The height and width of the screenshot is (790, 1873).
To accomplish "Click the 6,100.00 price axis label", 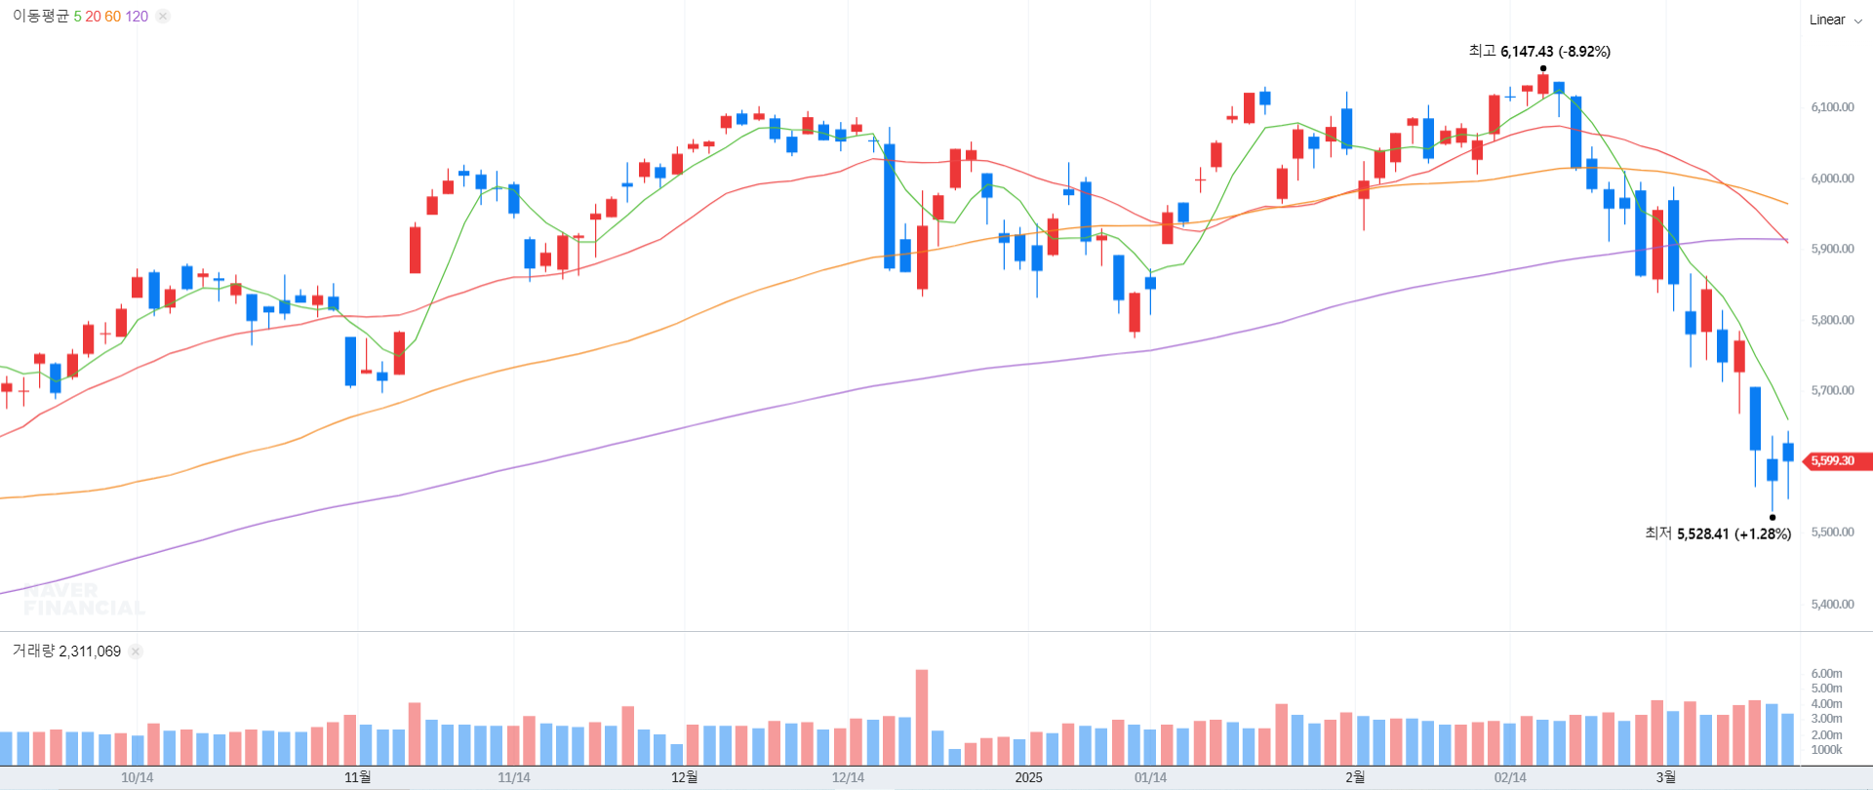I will [1832, 107].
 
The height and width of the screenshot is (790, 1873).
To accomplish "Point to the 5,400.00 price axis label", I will [1832, 604].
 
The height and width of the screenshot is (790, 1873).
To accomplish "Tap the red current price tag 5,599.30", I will [1835, 461].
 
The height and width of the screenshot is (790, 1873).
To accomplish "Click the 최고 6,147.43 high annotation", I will [1538, 52].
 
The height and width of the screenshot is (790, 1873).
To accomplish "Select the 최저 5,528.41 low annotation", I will [1717, 533].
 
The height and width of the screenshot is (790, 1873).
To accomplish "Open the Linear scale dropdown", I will [1835, 20].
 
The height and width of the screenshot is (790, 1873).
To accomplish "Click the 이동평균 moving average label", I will [41, 17].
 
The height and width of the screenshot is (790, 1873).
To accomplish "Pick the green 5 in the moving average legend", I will [77, 17].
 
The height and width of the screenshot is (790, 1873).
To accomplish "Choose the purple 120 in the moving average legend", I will [137, 17].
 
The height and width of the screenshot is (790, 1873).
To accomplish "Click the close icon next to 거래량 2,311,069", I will [136, 652].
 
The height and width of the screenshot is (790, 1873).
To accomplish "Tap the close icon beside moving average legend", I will [163, 17].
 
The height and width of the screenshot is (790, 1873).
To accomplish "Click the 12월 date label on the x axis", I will [684, 777].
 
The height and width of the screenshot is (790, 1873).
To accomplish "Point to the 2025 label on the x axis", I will [1028, 777].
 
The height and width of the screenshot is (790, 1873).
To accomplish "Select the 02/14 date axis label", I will [1510, 777].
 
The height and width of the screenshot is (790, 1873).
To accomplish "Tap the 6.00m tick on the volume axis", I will [1826, 674].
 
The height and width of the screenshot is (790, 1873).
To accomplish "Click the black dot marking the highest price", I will [1543, 68].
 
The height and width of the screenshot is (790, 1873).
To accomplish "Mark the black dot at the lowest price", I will [1773, 518].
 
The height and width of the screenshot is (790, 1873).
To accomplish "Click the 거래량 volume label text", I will [33, 652].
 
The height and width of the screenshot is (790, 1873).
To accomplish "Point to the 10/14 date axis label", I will [137, 777].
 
